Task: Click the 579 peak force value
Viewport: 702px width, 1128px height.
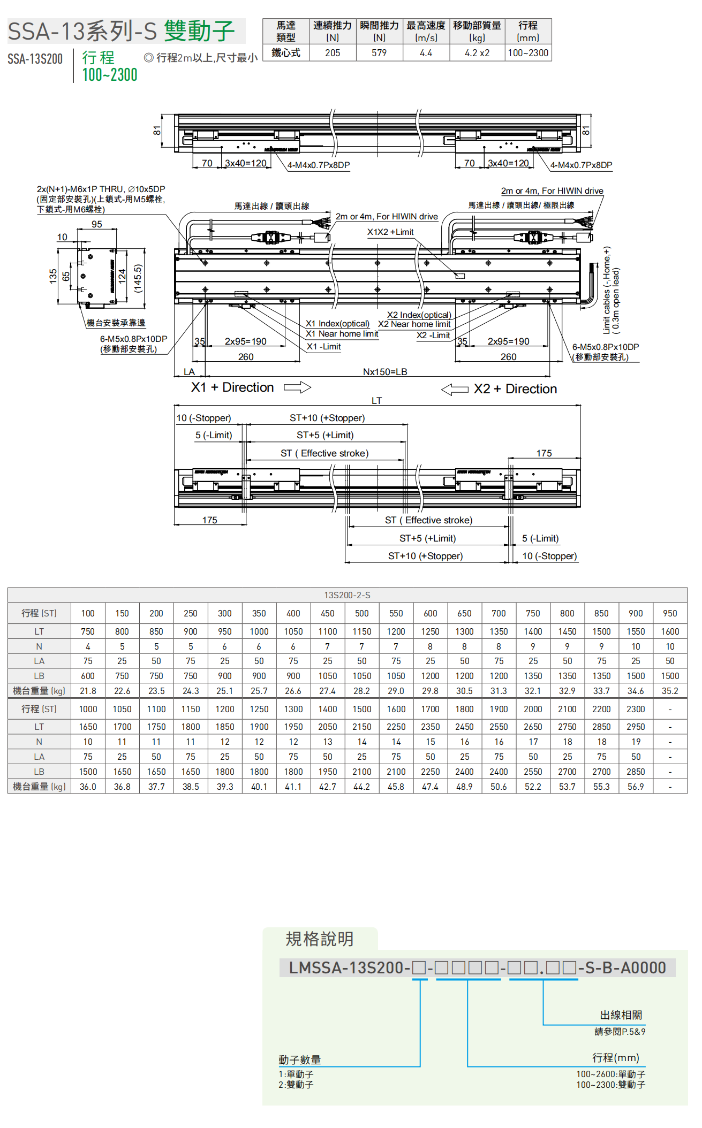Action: coord(379,53)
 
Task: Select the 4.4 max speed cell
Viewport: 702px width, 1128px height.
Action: coord(426,53)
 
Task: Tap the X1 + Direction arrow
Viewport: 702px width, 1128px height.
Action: coord(297,387)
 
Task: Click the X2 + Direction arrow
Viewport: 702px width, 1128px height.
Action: coord(455,390)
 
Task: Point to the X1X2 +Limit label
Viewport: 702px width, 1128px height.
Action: coord(390,232)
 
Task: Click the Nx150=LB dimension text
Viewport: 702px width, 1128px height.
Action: coord(385,372)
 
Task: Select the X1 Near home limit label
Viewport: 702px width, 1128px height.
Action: coord(342,334)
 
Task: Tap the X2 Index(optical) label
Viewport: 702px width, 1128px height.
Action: coord(419,315)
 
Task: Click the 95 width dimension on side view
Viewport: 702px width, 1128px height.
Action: coord(97,225)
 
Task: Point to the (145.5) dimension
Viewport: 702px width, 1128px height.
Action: coord(138,278)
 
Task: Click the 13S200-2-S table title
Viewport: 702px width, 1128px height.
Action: coord(347,595)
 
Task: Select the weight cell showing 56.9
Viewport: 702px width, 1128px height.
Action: coord(636,787)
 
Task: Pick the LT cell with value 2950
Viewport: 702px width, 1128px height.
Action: coord(636,727)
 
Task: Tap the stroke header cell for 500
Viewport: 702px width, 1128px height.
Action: coord(361,613)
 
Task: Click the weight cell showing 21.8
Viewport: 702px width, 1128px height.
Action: coord(88,691)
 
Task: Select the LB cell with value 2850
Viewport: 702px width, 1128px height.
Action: coord(636,772)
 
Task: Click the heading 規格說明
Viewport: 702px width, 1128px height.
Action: coord(320,939)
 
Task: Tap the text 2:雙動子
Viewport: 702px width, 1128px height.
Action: coord(296,1085)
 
